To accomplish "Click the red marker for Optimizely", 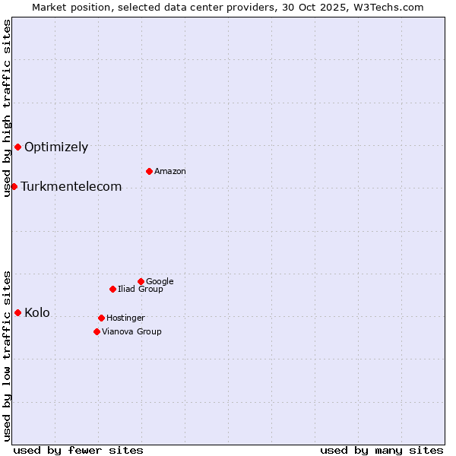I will pyautogui.click(x=17, y=147).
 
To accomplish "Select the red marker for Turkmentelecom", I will pyautogui.click(x=14, y=186).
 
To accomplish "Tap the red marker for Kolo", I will pyautogui.click(x=17, y=312).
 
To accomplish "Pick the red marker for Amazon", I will pyautogui.click(x=149, y=171).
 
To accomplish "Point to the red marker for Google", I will pyautogui.click(x=141, y=281).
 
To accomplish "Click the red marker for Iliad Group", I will pyautogui.click(x=112, y=289).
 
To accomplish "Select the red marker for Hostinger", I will pyautogui.click(x=101, y=318).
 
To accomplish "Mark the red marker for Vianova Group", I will pyautogui.click(x=97, y=331).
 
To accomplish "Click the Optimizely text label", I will pyautogui.click(x=56, y=147).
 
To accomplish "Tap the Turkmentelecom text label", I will pyautogui.click(x=71, y=187).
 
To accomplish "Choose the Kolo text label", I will pyautogui.click(x=37, y=313).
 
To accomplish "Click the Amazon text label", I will pyautogui.click(x=170, y=172).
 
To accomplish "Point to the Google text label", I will pyautogui.click(x=160, y=282).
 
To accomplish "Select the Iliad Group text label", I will pyautogui.click(x=141, y=290).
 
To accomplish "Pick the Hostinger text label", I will pyautogui.click(x=125, y=318).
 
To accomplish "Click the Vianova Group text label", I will pyautogui.click(x=131, y=332).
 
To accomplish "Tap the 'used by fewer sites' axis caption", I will pyautogui.click(x=78, y=450).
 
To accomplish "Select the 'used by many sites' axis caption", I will pyautogui.click(x=382, y=450).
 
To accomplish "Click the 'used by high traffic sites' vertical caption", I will pyautogui.click(x=7, y=108).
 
